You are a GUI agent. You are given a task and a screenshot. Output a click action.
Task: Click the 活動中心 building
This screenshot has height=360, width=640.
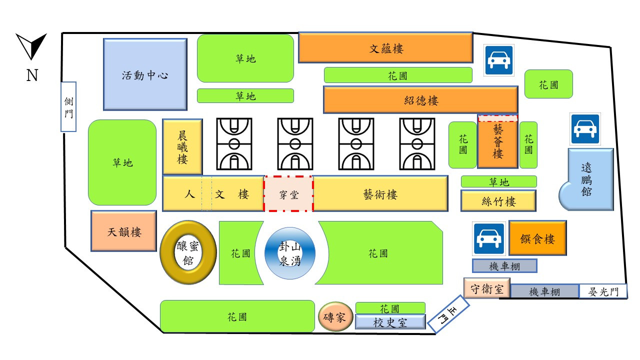[145, 74]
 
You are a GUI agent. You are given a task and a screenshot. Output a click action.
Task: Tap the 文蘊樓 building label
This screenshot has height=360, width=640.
[386, 48]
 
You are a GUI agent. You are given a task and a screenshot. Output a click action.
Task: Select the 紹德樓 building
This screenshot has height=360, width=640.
[420, 100]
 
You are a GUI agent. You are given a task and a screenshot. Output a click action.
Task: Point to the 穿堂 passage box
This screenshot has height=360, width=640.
[288, 194]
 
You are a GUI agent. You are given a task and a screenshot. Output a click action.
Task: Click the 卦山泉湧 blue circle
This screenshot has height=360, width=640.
[289, 253]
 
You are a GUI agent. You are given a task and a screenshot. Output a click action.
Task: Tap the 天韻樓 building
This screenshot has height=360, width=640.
[124, 231]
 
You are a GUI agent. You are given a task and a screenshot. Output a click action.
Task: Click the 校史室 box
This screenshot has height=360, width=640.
[390, 322]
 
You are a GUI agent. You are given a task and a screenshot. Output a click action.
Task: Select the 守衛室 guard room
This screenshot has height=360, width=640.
[486, 288]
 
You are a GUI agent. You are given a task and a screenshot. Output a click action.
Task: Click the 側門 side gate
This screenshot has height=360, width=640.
[68, 107]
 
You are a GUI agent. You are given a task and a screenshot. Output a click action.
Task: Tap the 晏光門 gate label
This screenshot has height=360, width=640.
[603, 292]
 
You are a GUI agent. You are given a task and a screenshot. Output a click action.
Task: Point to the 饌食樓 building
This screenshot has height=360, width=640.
[537, 239]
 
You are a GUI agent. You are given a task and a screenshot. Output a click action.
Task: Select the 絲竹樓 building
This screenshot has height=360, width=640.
[498, 201]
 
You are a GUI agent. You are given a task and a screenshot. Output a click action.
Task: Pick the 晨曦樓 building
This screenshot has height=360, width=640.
[182, 147]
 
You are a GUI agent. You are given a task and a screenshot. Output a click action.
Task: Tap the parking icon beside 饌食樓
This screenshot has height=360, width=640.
[487, 239]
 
